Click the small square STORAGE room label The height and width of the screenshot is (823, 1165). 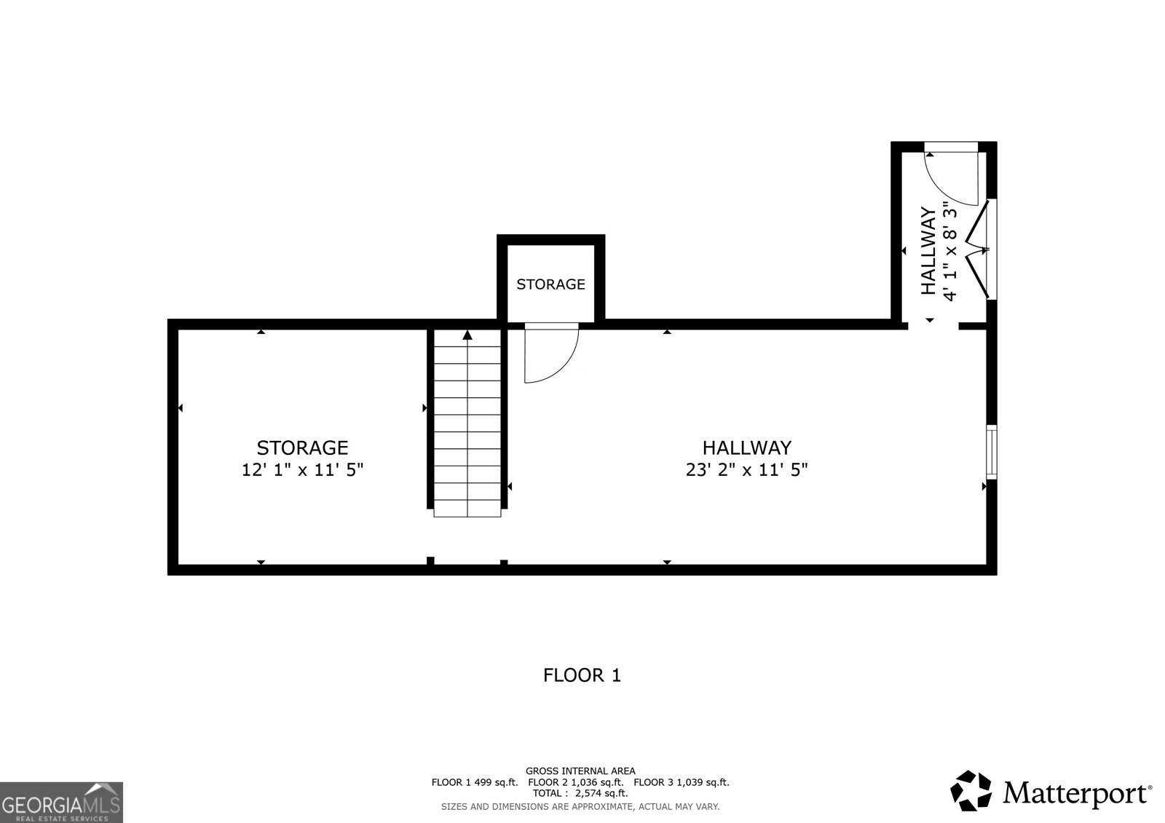(x=550, y=285)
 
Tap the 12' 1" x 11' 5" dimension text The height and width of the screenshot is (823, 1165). (x=302, y=470)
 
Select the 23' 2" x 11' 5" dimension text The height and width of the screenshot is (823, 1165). (x=746, y=470)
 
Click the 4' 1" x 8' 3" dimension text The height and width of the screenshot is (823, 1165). (x=949, y=251)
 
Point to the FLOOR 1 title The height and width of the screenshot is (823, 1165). (x=582, y=675)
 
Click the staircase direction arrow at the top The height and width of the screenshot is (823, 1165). (x=467, y=335)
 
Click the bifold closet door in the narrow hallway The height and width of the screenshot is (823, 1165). (x=980, y=250)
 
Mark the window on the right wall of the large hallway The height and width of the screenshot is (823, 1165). (x=991, y=452)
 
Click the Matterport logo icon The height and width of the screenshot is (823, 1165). (x=971, y=791)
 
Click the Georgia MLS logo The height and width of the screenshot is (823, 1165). (x=61, y=803)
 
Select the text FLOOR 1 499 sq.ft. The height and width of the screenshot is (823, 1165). (x=474, y=782)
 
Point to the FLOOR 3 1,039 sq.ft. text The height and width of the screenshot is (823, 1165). (x=682, y=782)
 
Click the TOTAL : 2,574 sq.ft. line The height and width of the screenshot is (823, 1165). (x=580, y=793)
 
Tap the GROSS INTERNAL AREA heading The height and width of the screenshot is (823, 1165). (x=580, y=771)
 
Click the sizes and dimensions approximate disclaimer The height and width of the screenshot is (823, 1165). (x=580, y=806)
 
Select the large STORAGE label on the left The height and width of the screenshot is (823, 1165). (x=302, y=448)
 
